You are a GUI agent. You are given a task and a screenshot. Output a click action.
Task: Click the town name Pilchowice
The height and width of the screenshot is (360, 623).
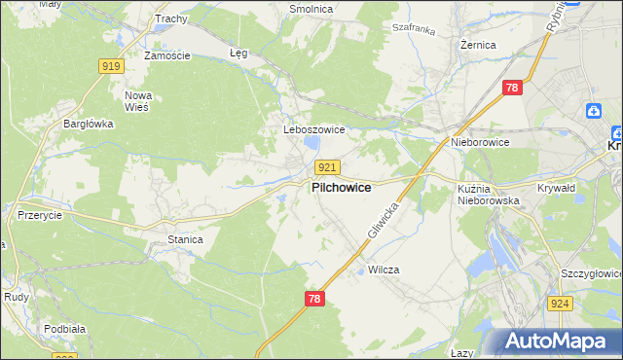point(341,189)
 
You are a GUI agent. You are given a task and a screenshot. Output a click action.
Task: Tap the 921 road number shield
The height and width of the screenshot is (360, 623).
point(327,168)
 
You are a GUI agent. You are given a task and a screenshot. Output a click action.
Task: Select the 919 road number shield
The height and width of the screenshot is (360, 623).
point(111,66)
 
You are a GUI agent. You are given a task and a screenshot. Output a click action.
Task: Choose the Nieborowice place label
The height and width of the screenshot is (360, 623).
point(480,142)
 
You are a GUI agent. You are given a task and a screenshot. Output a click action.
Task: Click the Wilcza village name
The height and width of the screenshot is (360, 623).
point(385,270)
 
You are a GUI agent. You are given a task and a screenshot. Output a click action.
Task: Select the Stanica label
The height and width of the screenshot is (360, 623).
point(185,238)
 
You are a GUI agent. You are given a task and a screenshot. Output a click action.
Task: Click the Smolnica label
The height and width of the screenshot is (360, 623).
point(311,9)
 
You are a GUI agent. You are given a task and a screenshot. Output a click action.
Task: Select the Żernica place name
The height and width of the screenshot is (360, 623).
point(478,45)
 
